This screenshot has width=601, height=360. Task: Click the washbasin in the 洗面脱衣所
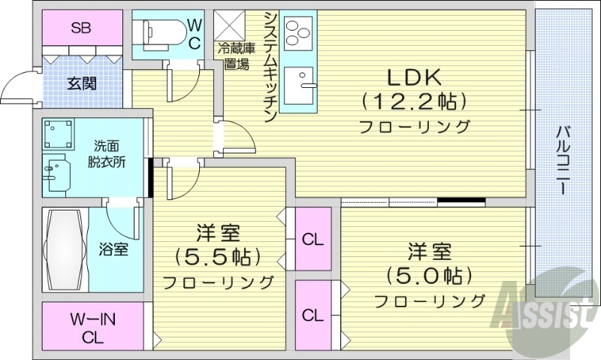53,174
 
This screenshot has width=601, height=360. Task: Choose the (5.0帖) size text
430,274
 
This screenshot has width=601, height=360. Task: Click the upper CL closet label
313,241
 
